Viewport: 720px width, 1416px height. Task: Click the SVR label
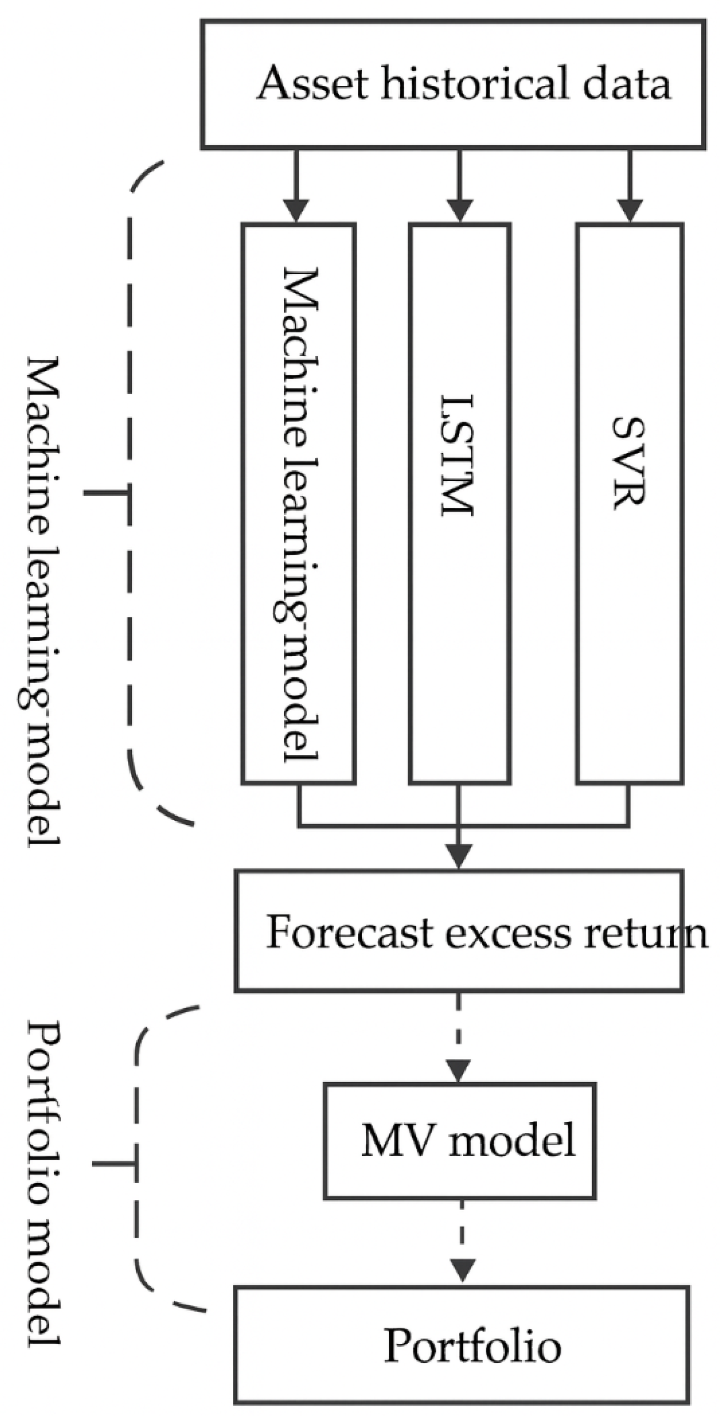628,463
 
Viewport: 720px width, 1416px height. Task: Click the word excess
508,934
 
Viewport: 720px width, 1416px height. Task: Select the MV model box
460,1141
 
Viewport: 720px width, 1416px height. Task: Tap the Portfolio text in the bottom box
472,1346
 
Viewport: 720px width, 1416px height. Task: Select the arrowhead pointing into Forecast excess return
459,856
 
